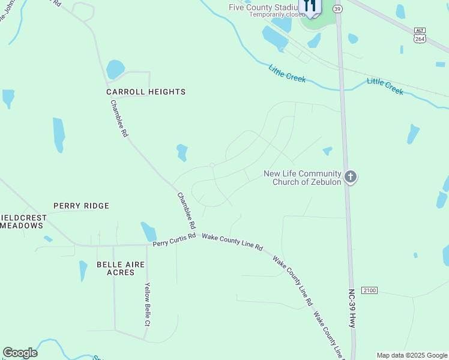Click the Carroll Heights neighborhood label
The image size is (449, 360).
click(146, 92)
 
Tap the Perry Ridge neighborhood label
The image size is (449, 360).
click(82, 206)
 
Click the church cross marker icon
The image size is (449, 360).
click(351, 177)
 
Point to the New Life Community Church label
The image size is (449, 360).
click(303, 178)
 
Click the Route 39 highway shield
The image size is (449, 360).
click(338, 9)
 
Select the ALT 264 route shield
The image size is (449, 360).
click(420, 35)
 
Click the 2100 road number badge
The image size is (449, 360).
click(370, 290)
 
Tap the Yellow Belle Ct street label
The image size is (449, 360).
click(147, 304)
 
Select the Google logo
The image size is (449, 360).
click(20, 353)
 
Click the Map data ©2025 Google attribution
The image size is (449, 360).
click(411, 355)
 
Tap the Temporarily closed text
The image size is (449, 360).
click(277, 14)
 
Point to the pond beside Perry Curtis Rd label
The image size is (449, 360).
click(148, 231)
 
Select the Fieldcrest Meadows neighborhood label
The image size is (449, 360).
click(22, 221)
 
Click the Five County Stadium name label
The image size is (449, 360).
click(264, 7)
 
